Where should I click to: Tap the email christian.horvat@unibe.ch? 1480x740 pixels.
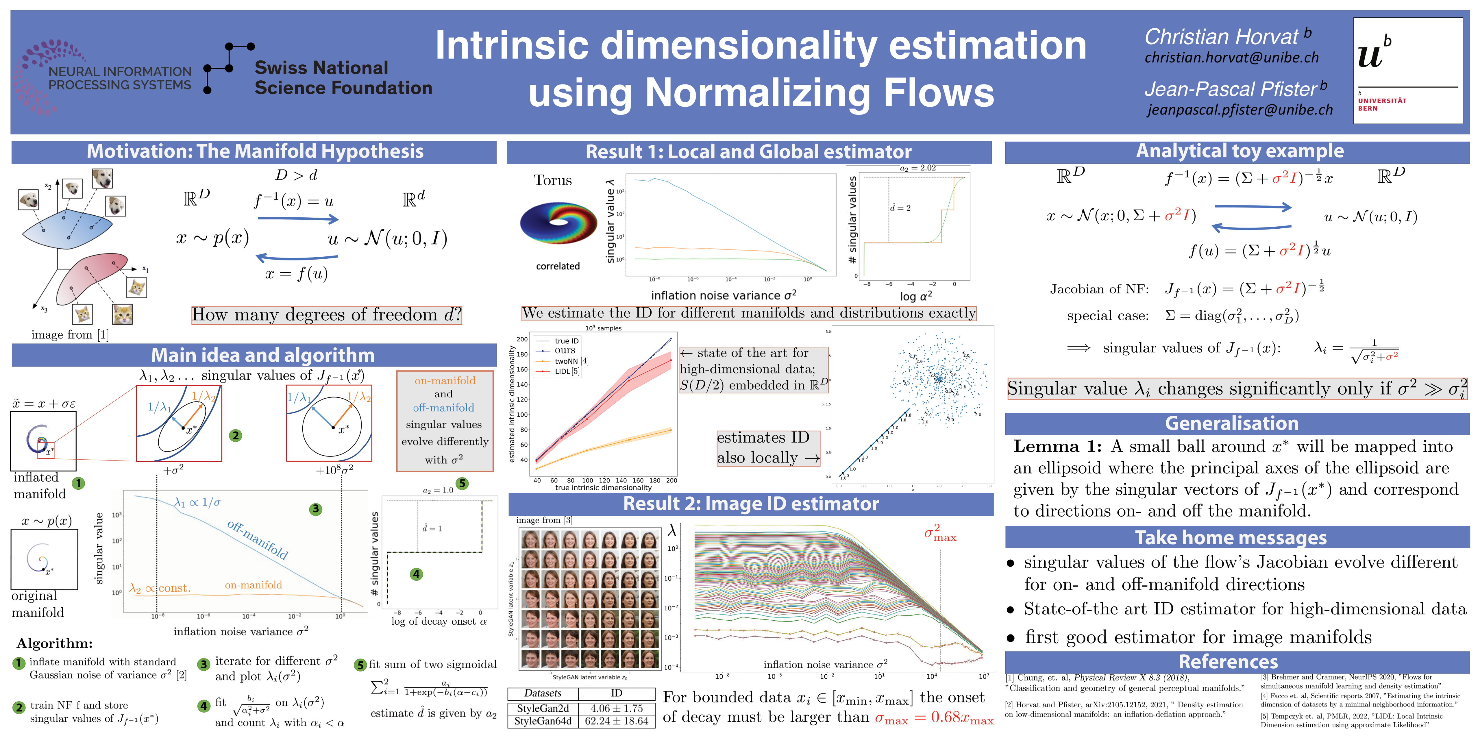(x=1231, y=58)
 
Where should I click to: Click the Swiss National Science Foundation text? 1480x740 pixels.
(x=343, y=77)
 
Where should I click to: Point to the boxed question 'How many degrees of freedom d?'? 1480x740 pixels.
(x=326, y=315)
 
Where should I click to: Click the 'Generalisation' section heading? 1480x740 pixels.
(x=1231, y=423)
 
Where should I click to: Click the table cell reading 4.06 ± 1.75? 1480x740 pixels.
(x=617, y=708)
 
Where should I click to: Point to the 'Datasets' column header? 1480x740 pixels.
(x=543, y=693)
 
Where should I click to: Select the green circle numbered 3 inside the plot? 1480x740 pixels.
(x=315, y=509)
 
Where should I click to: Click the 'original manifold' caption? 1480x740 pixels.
(x=37, y=604)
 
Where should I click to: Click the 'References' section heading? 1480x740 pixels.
(x=1228, y=662)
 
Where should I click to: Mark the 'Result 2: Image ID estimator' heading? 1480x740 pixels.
(x=751, y=504)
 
